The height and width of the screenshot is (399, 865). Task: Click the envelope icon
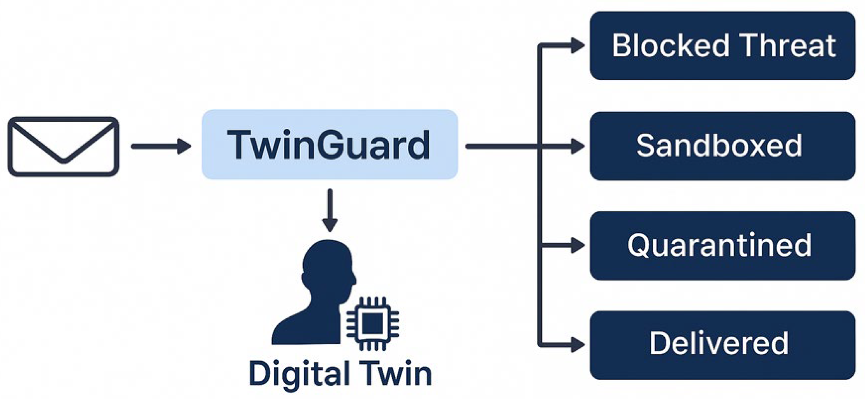pyautogui.click(x=64, y=146)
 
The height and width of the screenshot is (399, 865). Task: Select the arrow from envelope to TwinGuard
pyautogui.click(x=160, y=146)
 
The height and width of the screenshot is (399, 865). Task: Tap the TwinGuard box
pyautogui.click(x=329, y=144)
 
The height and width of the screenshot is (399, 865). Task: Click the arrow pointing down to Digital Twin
pyautogui.click(x=330, y=210)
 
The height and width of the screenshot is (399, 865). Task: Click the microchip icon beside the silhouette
pyautogui.click(x=372, y=323)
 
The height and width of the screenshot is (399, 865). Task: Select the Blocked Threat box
pyautogui.click(x=722, y=46)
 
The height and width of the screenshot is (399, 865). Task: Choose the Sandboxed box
pyautogui.click(x=722, y=146)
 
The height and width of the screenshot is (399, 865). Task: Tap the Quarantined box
pyautogui.click(x=722, y=246)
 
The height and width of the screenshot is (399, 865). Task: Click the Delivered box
pyautogui.click(x=722, y=345)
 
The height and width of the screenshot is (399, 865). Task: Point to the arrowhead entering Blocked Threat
pyautogui.click(x=577, y=45)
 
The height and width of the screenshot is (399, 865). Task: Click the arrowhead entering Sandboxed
pyautogui.click(x=577, y=146)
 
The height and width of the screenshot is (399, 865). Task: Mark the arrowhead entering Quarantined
pyautogui.click(x=577, y=246)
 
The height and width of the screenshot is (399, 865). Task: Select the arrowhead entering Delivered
pyautogui.click(x=577, y=345)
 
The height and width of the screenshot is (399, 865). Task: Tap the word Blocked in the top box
pyautogui.click(x=671, y=45)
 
